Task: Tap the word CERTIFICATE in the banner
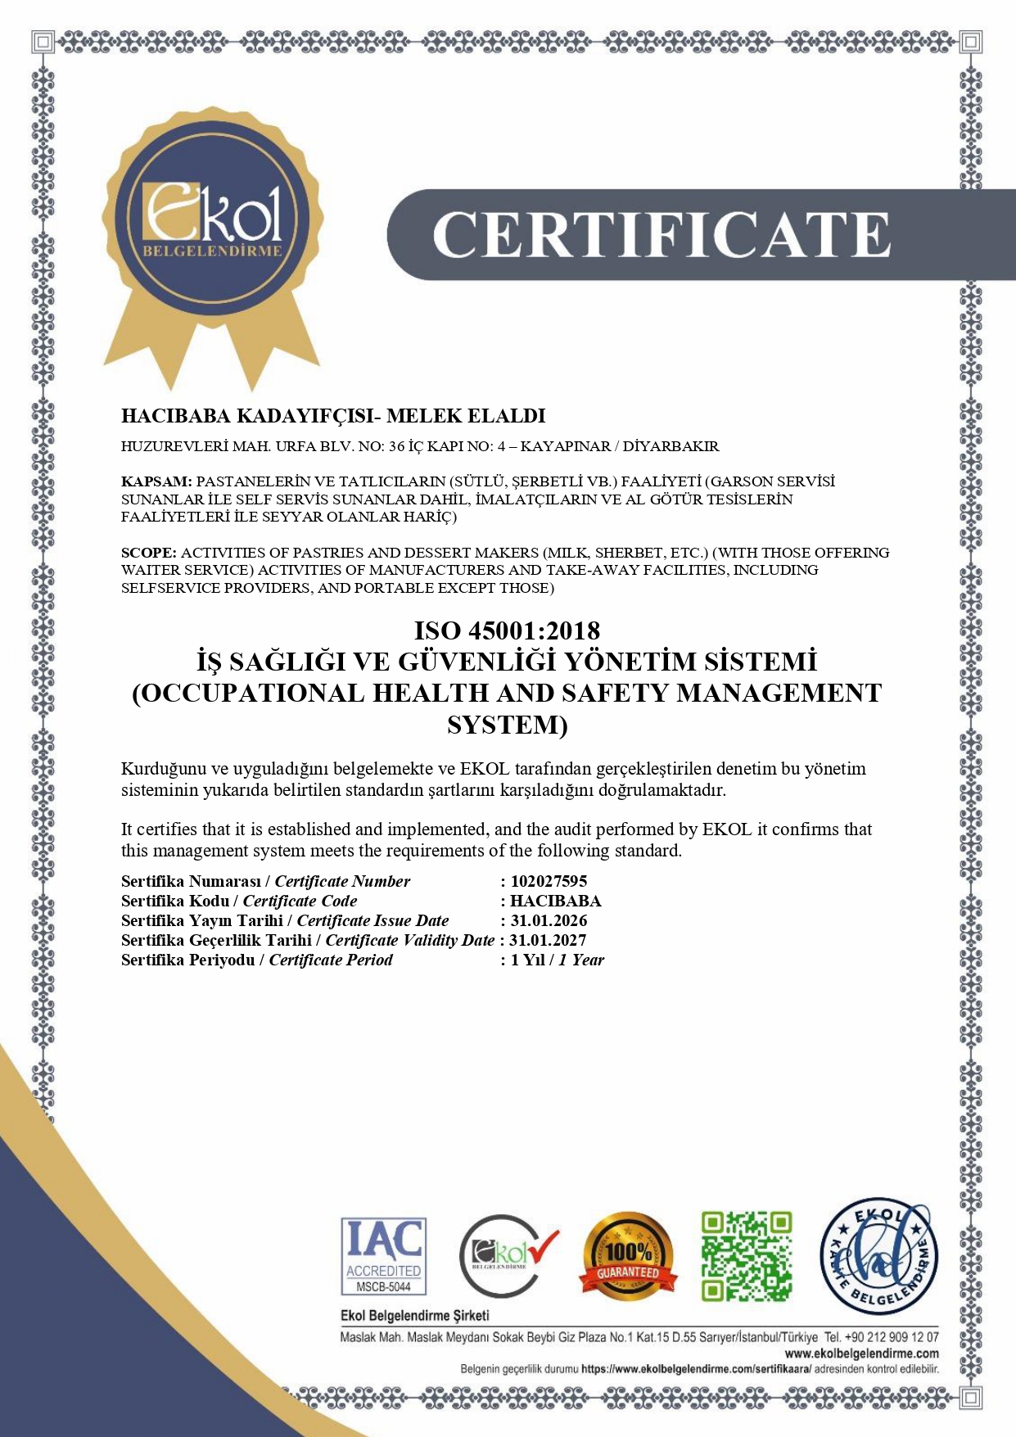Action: [661, 235]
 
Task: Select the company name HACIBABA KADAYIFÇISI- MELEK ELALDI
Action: [333, 416]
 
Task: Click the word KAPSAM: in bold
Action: [156, 481]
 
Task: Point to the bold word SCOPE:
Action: [149, 553]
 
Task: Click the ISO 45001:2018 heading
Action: [507, 630]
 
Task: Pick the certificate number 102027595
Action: [549, 881]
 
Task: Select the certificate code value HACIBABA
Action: [555, 901]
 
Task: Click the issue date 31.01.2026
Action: [549, 920]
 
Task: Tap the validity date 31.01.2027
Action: [548, 940]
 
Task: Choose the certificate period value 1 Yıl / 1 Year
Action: [557, 960]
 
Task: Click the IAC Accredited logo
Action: [383, 1255]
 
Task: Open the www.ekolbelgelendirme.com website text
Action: [861, 1353]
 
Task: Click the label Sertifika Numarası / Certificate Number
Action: [265, 881]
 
